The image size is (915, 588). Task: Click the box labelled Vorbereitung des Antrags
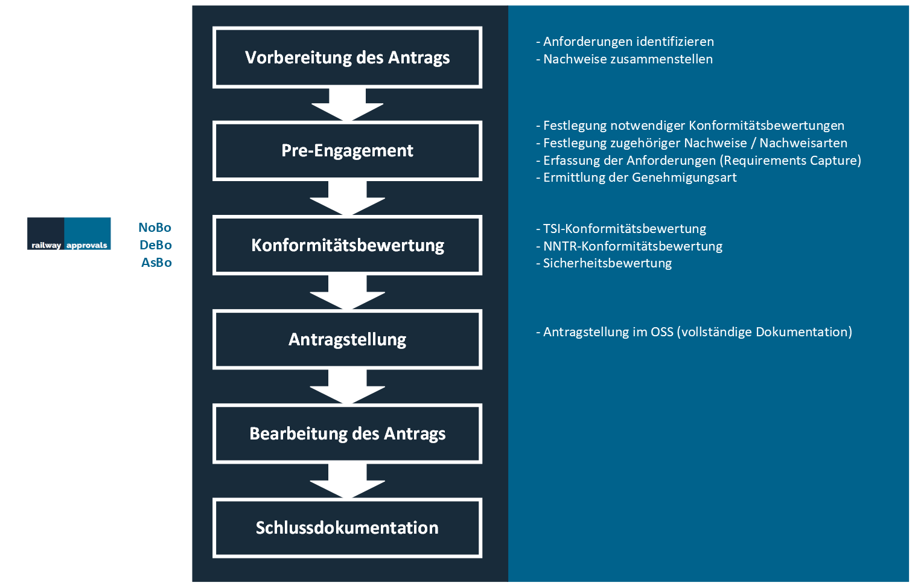(x=347, y=57)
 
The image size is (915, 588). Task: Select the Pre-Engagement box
(x=347, y=151)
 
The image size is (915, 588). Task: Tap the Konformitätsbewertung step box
(x=347, y=245)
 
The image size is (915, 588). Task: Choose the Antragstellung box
(x=347, y=339)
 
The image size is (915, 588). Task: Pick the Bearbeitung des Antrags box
(x=347, y=433)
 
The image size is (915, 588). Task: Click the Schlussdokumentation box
(x=347, y=528)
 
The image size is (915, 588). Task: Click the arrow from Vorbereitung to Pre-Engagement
(x=347, y=104)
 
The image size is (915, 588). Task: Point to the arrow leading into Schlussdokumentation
(x=347, y=481)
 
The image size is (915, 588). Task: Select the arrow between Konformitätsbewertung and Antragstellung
(x=347, y=293)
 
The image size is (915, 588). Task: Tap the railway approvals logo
(x=69, y=233)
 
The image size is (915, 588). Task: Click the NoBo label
(x=155, y=227)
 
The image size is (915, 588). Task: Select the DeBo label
(x=156, y=244)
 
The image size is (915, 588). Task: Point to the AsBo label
(x=156, y=263)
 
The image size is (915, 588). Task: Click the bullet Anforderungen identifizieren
(x=625, y=42)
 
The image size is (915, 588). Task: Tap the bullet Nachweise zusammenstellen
(x=624, y=59)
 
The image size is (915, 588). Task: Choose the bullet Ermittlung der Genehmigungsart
(x=636, y=177)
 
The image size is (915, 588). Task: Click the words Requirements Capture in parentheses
(x=790, y=160)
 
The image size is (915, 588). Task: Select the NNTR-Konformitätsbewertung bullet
(x=629, y=246)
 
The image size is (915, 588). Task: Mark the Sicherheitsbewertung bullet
(x=604, y=263)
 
